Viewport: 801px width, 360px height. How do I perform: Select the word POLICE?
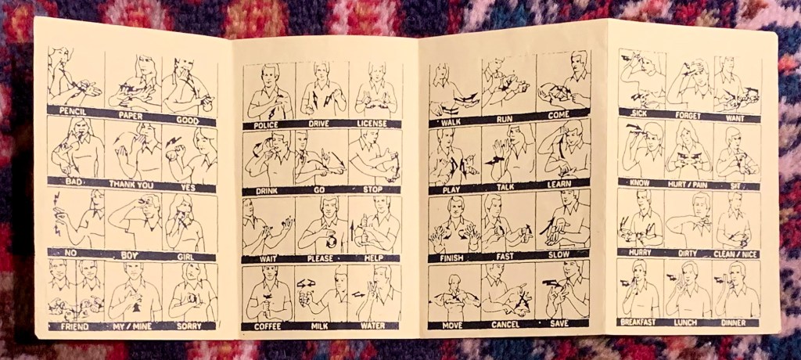click(x=264, y=124)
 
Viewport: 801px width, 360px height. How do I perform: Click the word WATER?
click(x=373, y=326)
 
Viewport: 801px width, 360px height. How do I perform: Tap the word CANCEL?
click(x=505, y=324)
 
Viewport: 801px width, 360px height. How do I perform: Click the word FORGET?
click(x=688, y=116)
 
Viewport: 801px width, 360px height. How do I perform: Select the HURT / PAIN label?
click(x=690, y=183)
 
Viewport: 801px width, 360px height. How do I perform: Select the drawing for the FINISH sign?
click(x=454, y=224)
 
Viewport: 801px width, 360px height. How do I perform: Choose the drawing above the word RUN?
click(x=508, y=85)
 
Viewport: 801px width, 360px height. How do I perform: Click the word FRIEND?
click(x=74, y=326)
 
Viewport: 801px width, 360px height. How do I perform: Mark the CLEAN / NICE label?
click(x=736, y=254)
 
